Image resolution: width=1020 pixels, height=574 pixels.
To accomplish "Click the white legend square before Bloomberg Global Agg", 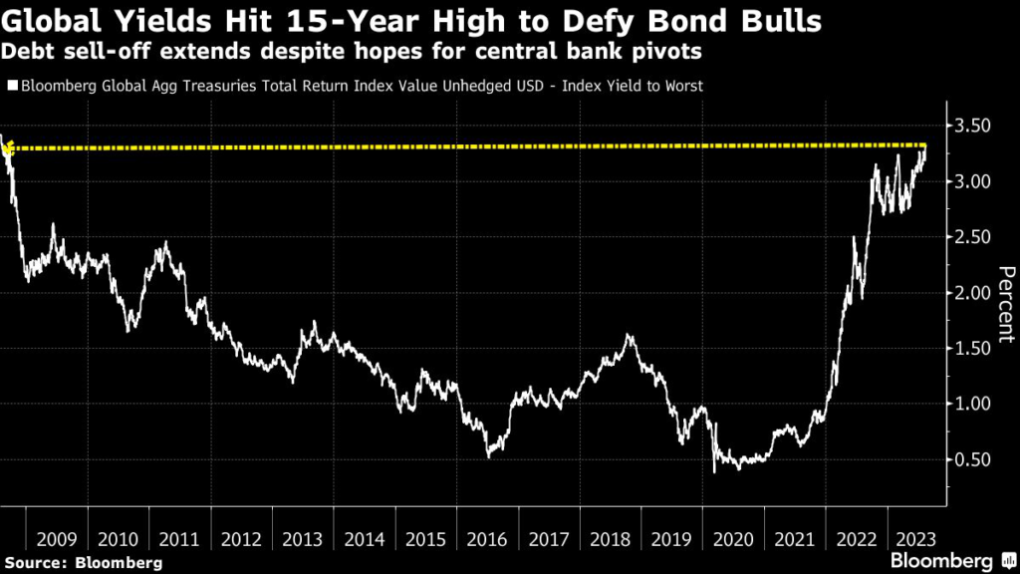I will pos(12,87).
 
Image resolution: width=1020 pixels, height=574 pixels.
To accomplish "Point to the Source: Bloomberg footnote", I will pos(84,562).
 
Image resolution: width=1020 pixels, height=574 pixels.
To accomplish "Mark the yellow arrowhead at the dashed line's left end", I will pos(8,149).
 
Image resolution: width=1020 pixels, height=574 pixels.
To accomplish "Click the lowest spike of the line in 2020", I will pos(714,470).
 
